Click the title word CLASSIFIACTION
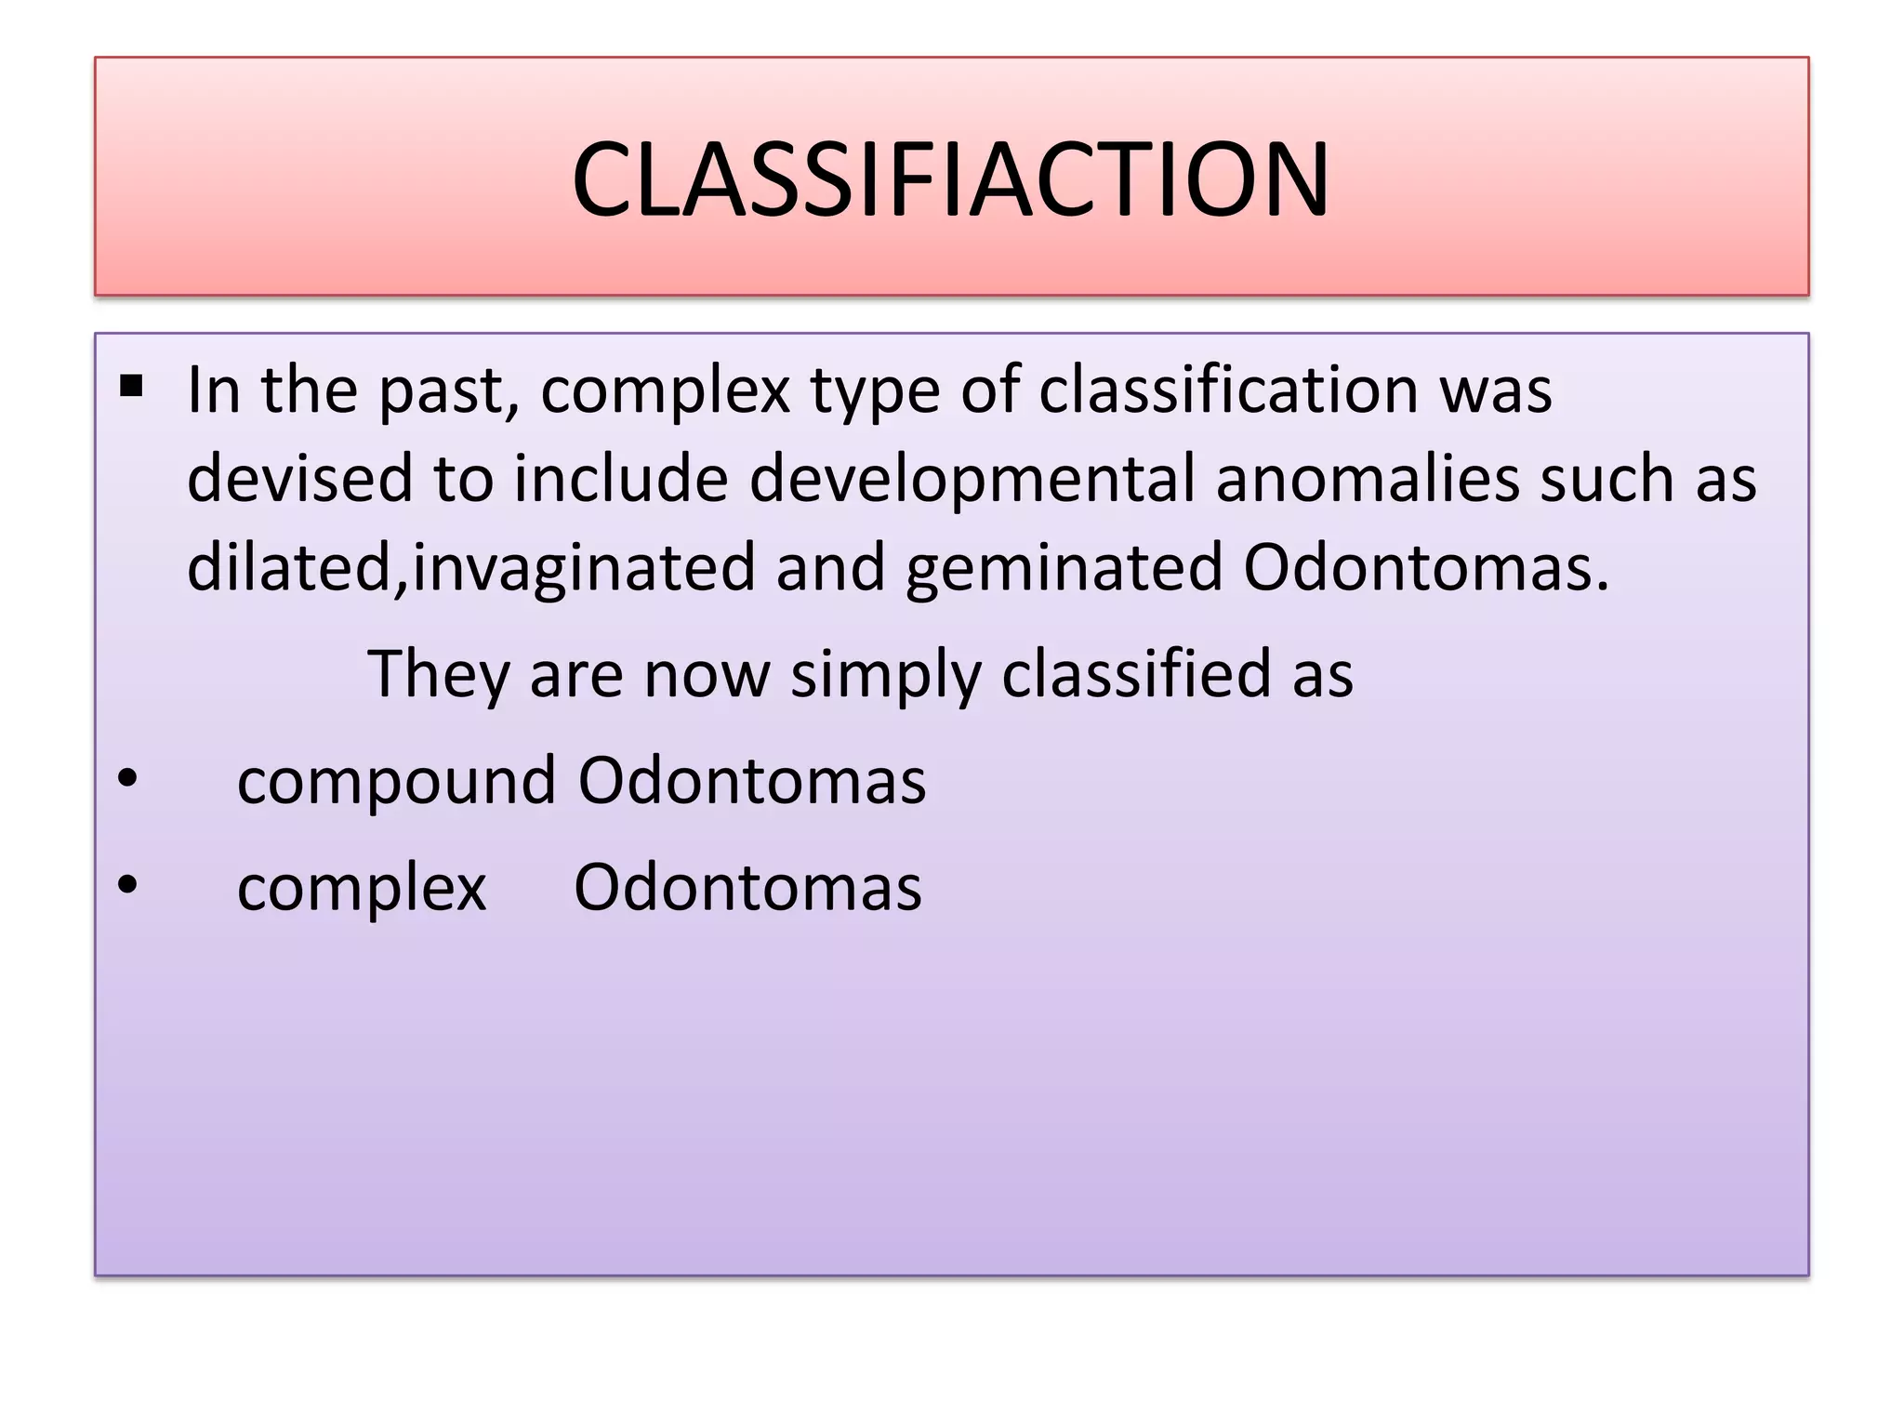click(x=950, y=179)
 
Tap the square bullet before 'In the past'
click(x=131, y=385)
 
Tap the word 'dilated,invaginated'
click(x=470, y=568)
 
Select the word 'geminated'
click(x=1064, y=568)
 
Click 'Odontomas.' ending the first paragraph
click(x=1426, y=567)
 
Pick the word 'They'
click(x=438, y=674)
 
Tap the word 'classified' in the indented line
click(x=1136, y=673)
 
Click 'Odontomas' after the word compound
click(x=752, y=780)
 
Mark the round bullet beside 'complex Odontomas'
click(x=128, y=884)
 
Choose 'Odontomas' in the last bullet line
click(x=747, y=887)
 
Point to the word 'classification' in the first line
click(x=1228, y=390)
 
